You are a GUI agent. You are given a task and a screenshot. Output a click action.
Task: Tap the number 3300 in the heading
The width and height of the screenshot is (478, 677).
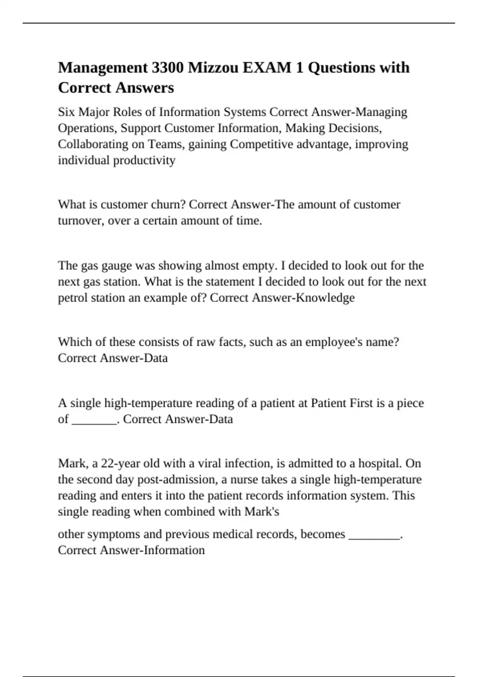pyautogui.click(x=167, y=68)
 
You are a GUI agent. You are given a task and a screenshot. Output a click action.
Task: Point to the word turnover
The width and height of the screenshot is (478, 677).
pyautogui.click(x=80, y=221)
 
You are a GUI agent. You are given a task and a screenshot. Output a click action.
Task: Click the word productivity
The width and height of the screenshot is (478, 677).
pyautogui.click(x=144, y=160)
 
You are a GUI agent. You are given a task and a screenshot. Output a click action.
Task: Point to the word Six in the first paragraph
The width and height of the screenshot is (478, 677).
pyautogui.click(x=67, y=112)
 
